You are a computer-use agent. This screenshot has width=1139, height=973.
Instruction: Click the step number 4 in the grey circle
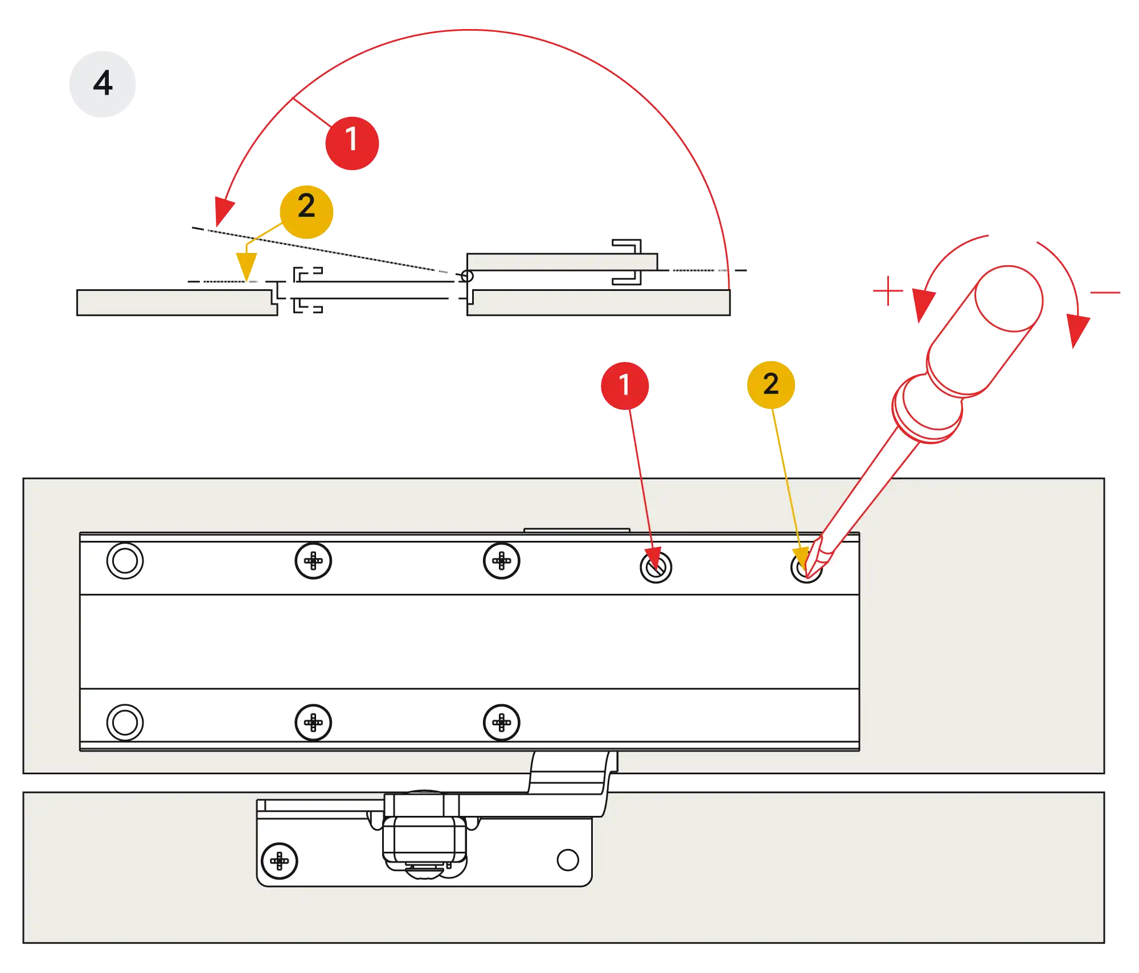[103, 84]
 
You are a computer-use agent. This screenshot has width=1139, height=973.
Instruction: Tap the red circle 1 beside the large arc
[351, 142]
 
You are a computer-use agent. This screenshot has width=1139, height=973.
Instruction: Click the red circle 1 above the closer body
[625, 385]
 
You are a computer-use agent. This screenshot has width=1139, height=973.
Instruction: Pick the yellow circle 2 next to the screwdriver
[771, 384]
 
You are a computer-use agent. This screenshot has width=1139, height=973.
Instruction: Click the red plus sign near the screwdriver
[888, 292]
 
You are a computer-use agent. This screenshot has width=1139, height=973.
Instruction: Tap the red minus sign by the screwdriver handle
[1104, 293]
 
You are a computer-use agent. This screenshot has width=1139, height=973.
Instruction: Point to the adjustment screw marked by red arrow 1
[655, 567]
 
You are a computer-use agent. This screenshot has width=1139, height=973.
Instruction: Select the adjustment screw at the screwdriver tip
[806, 567]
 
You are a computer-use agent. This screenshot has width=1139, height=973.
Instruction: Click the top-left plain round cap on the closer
[125, 561]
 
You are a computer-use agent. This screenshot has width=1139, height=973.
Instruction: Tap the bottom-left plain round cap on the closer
[125, 722]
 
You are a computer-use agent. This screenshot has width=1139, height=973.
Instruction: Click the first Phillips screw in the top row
[313, 561]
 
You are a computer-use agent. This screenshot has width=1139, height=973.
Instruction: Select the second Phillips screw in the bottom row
[501, 722]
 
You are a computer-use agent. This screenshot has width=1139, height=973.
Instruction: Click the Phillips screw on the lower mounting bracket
[279, 861]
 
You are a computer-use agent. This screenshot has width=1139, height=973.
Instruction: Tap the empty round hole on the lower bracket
[568, 860]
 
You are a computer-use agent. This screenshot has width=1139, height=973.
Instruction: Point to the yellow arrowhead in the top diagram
[247, 265]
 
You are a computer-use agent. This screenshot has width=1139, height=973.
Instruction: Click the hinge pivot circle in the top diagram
[466, 277]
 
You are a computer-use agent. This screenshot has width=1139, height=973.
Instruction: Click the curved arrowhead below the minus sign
[1077, 330]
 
